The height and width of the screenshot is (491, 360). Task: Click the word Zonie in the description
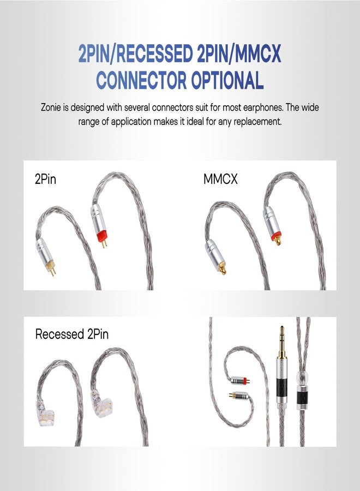click(53, 107)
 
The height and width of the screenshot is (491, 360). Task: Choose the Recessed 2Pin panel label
click(71, 334)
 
